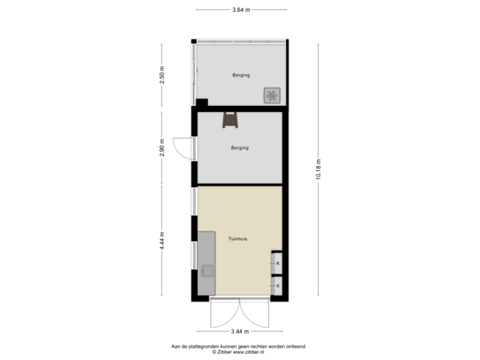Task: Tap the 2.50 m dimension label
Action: tap(162, 75)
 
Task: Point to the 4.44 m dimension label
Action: tap(162, 241)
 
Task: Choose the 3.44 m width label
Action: tap(240, 331)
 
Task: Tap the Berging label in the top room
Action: tap(241, 75)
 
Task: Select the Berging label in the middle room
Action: tap(239, 148)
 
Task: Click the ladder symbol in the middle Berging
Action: tap(230, 120)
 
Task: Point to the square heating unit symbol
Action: tap(272, 96)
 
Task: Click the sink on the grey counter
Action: tap(207, 271)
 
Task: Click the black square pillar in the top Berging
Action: tap(201, 102)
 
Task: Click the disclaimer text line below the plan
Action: tap(240, 347)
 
